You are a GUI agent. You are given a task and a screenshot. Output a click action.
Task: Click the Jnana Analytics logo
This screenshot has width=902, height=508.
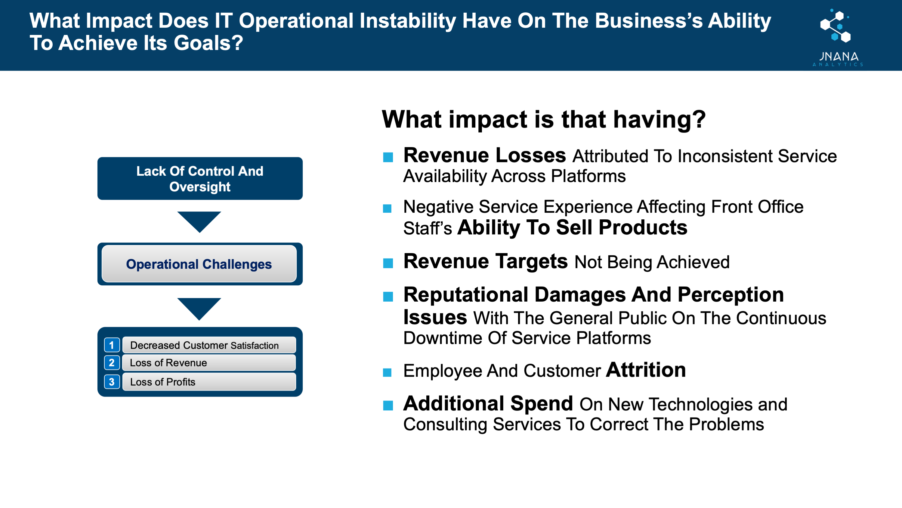tap(838, 37)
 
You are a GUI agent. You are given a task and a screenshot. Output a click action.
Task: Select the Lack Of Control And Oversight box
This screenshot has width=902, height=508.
tap(200, 178)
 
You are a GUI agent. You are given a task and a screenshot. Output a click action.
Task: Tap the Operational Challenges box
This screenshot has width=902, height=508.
tap(199, 264)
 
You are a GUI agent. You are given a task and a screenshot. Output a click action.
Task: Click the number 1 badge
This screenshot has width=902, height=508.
tap(112, 345)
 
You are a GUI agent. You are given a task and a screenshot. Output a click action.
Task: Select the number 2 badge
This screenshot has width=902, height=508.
tap(112, 362)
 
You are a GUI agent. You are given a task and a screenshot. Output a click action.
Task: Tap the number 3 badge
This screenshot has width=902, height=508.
tap(112, 381)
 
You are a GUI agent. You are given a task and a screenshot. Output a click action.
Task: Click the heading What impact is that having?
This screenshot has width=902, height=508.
tap(543, 120)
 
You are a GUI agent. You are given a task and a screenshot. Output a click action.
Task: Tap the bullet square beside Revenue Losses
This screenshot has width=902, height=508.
tap(388, 157)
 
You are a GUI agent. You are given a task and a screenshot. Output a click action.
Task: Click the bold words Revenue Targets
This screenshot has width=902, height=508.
tap(485, 261)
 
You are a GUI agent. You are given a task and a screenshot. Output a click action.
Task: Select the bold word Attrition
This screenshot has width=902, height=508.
tap(646, 370)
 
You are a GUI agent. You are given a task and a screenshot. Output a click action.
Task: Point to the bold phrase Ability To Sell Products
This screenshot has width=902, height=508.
tap(572, 227)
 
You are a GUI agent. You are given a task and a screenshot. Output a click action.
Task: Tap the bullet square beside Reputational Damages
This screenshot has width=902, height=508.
tap(388, 296)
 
